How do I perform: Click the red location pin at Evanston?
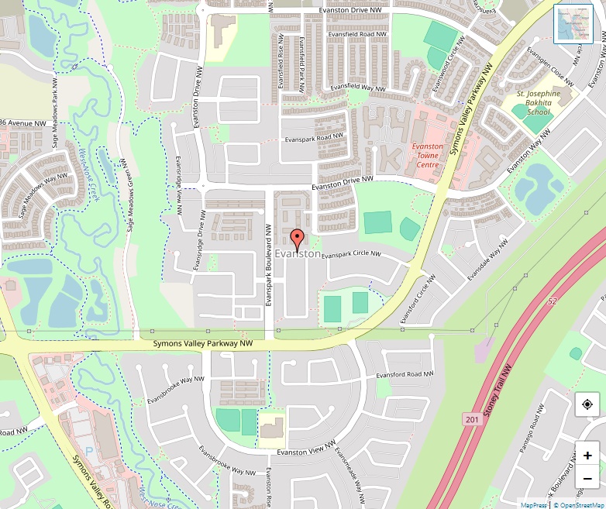pos(296,239)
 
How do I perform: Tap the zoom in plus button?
pos(587,456)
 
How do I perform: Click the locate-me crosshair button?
pos(587,404)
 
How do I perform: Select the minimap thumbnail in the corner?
pos(573,24)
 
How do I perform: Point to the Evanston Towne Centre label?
pos(427,155)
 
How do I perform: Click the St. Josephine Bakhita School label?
pos(539,102)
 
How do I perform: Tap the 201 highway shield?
pos(473,419)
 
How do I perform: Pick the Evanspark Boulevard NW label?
pos(267,264)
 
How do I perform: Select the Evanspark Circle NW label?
pos(351,254)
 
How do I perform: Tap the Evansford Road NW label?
pos(405,375)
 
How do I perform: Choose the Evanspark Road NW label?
pos(314,138)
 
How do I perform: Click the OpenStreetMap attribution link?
pos(578,504)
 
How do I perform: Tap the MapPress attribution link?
pos(533,504)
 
